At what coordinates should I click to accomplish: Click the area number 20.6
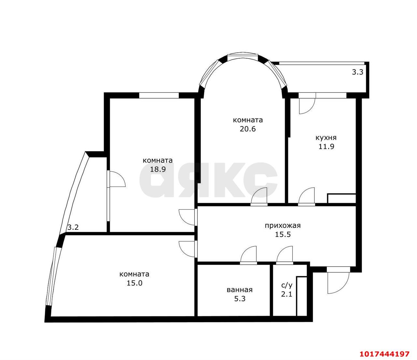point(248,129)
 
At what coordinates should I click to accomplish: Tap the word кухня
point(326,138)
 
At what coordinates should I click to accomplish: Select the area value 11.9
point(326,146)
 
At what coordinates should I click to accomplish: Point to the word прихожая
point(283,225)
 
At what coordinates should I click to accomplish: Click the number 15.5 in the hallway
point(283,234)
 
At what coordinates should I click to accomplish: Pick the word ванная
point(240,290)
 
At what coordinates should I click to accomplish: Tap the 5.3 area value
point(240,298)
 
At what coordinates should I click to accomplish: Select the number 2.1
point(287,294)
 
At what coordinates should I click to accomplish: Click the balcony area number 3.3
point(357,72)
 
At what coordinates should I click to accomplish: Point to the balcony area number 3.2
point(73,228)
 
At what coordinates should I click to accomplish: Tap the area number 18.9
point(158,169)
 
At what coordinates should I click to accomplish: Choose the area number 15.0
point(134,283)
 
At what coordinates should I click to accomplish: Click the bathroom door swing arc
point(248,255)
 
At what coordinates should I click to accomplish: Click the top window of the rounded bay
point(243,57)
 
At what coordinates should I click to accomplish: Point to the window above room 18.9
point(159,95)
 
